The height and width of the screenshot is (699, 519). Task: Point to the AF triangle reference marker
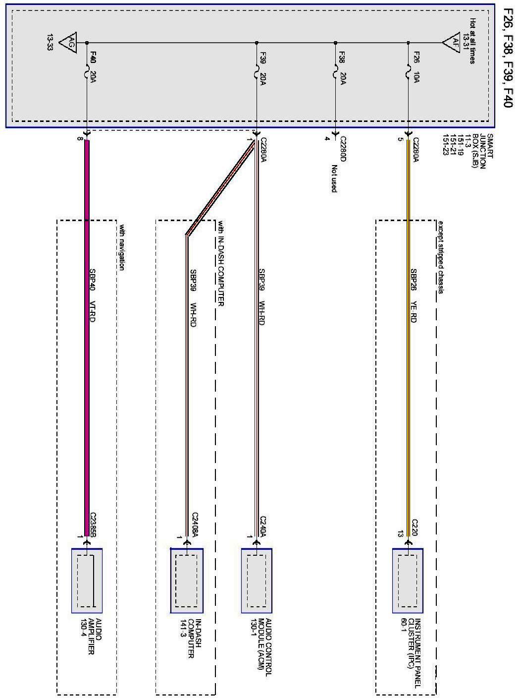point(452,42)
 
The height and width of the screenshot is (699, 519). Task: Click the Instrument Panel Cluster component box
point(408,581)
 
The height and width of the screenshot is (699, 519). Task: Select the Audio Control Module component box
point(257,581)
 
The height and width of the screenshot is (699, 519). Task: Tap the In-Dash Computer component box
point(187,581)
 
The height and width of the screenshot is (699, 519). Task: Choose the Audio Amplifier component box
point(87,581)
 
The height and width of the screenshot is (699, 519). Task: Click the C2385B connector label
point(93,525)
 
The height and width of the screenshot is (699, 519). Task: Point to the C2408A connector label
point(195,525)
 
